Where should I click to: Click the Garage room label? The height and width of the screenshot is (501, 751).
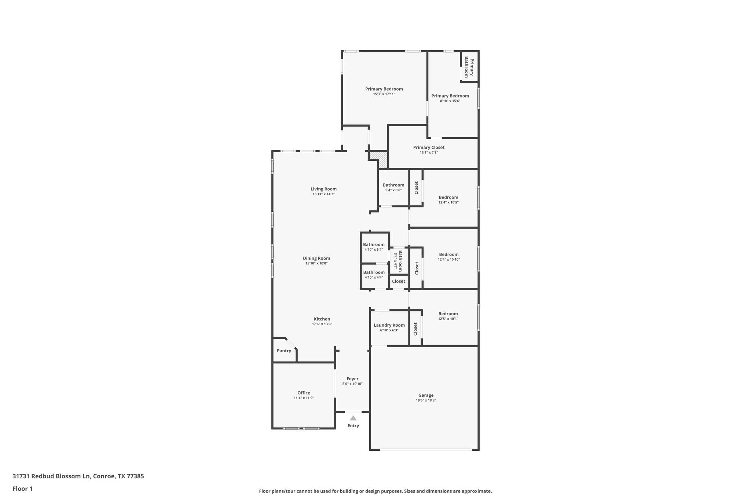pyautogui.click(x=426, y=395)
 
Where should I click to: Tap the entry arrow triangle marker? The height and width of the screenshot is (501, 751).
pyautogui.click(x=353, y=418)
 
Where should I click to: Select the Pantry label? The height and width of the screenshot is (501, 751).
pyautogui.click(x=284, y=351)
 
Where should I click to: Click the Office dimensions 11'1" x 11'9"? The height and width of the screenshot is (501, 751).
pyautogui.click(x=304, y=398)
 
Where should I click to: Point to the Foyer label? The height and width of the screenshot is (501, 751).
pyautogui.click(x=352, y=379)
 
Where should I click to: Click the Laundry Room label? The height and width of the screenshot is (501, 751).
pyautogui.click(x=389, y=325)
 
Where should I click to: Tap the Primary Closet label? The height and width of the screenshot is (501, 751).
pyautogui.click(x=429, y=148)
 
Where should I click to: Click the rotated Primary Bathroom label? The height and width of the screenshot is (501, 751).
pyautogui.click(x=469, y=67)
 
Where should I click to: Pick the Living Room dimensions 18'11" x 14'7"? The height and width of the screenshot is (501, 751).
pyautogui.click(x=323, y=194)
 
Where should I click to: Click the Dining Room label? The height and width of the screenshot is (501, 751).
pyautogui.click(x=316, y=258)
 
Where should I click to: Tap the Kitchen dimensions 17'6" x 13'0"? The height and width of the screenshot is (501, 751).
pyautogui.click(x=322, y=324)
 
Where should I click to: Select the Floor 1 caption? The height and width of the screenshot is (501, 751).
pyautogui.click(x=22, y=489)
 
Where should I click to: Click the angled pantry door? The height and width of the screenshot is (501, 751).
pyautogui.click(x=291, y=344)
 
